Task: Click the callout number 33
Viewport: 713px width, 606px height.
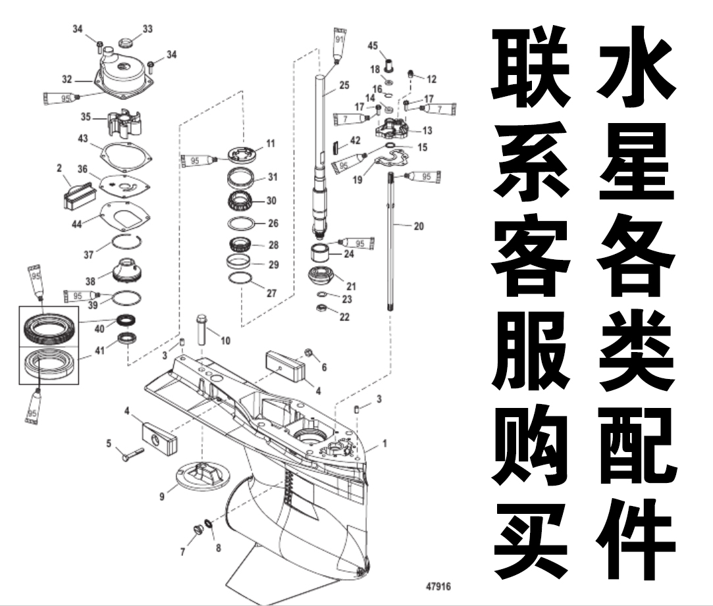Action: [x=147, y=29]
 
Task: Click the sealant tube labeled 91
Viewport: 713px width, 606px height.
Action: [x=339, y=46]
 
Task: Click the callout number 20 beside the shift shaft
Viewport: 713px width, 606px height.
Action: [x=419, y=226]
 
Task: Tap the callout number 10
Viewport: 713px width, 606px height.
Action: [x=226, y=340]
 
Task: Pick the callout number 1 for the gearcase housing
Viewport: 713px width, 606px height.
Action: [x=385, y=443]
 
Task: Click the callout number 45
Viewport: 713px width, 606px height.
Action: [x=373, y=46]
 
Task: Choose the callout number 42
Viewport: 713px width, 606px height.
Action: [x=356, y=140]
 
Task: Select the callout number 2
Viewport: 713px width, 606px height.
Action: [x=59, y=169]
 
